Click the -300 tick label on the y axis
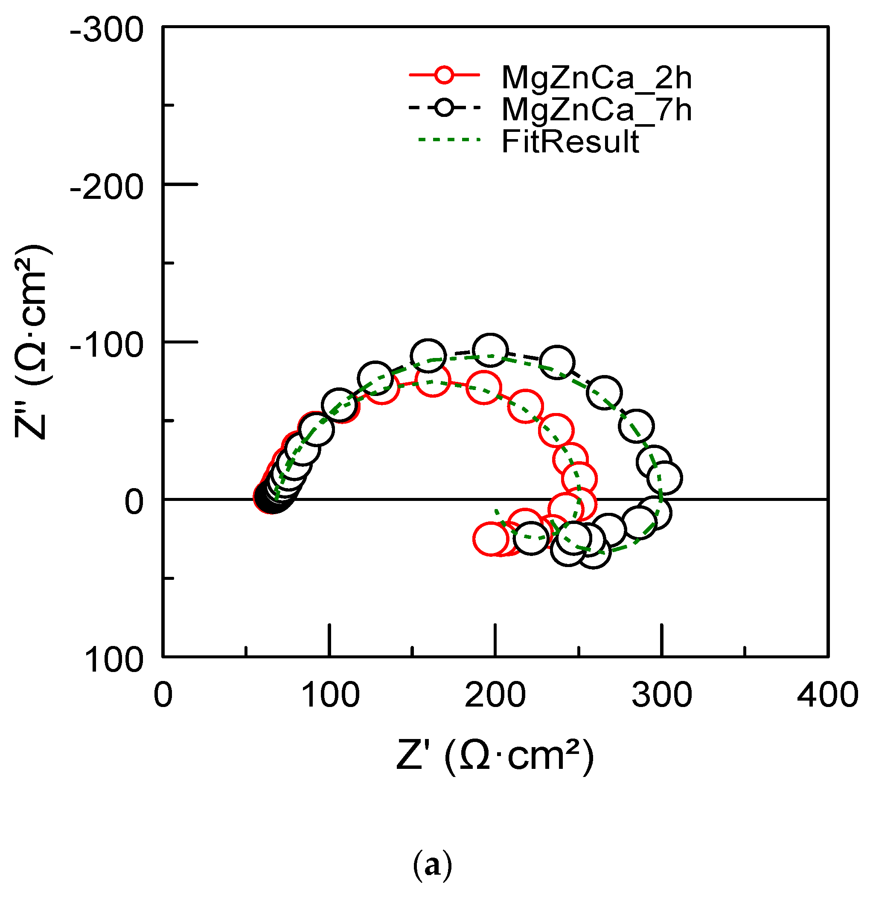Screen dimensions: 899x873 coord(106,31)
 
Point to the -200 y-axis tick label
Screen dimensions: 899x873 coord(106,188)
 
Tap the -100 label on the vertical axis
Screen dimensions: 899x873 coord(106,345)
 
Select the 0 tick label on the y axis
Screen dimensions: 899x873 coord(134,501)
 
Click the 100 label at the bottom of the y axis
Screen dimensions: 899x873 coord(114,660)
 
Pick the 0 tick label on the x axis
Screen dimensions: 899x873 coord(163,695)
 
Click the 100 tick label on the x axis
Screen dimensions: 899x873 coord(330,695)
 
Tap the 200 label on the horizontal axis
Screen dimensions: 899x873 coord(495,695)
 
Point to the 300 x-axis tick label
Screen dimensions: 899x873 coord(661,695)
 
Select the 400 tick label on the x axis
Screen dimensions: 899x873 coord(827,695)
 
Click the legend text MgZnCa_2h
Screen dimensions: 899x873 coord(597,78)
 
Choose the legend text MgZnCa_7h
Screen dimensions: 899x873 coord(597,110)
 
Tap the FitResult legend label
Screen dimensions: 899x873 coord(570,142)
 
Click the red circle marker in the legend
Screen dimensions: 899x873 coord(444,75)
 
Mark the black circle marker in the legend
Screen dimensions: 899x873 coord(444,108)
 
